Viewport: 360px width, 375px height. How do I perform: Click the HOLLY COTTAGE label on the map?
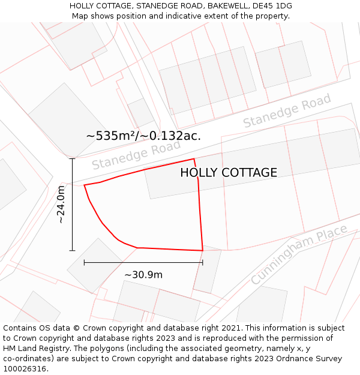[x=229, y=173]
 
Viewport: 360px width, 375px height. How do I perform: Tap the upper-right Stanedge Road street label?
[x=287, y=111]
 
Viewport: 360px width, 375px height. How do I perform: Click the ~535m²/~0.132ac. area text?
[x=143, y=136]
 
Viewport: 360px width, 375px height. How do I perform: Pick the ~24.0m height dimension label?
[x=61, y=205]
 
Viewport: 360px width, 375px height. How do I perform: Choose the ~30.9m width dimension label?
[x=143, y=275]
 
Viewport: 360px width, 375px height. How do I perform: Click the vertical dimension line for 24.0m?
[x=73, y=205]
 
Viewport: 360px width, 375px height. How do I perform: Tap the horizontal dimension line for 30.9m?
[x=143, y=262]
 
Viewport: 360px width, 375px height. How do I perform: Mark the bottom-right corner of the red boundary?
[x=203, y=250]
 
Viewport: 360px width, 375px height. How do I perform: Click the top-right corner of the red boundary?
[x=194, y=159]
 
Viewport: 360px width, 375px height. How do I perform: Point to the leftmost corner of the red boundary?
[x=84, y=185]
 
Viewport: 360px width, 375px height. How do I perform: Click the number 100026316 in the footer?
[x=26, y=369]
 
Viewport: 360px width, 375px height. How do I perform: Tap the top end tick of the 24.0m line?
[x=73, y=159]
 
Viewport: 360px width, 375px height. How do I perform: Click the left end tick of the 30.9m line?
[x=84, y=262]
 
